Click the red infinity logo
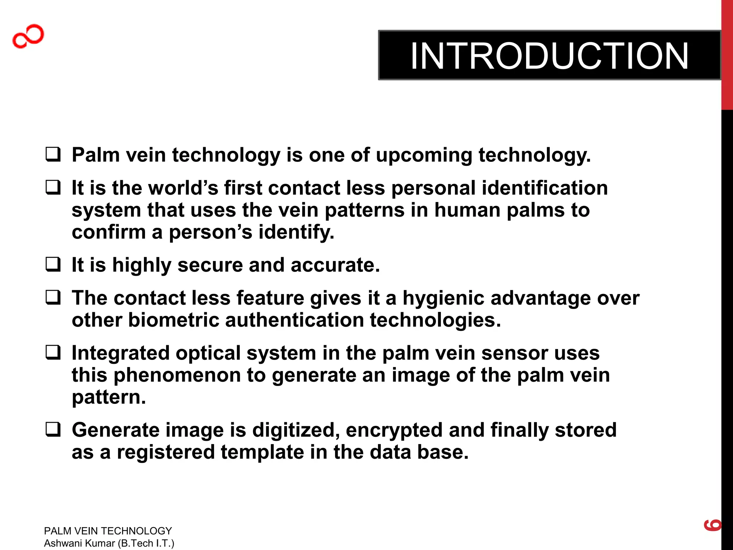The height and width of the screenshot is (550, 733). click(28, 36)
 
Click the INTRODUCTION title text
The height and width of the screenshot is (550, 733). click(549, 56)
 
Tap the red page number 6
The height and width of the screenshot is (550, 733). click(713, 525)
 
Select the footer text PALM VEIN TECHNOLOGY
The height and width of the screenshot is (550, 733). click(108, 531)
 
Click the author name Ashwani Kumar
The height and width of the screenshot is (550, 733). click(79, 543)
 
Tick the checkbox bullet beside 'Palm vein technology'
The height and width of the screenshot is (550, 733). click(53, 155)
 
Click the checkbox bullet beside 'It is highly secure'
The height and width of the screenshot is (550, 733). click(53, 265)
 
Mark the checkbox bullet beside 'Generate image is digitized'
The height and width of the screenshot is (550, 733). click(53, 429)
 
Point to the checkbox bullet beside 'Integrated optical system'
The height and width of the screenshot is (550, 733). click(53, 352)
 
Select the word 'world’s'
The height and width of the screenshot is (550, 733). click(183, 188)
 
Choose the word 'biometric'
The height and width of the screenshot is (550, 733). click(173, 320)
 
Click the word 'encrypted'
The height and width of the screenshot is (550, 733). click(394, 430)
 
